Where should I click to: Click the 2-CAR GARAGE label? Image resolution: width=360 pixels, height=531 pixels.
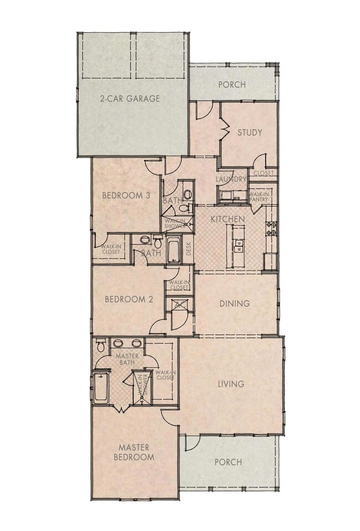click(130, 99)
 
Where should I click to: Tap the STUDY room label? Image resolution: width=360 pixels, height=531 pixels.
click(249, 132)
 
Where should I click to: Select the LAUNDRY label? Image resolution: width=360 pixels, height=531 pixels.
click(232, 179)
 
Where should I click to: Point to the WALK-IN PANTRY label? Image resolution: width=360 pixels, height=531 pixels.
click(259, 197)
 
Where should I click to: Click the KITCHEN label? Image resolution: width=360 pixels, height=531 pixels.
click(228, 219)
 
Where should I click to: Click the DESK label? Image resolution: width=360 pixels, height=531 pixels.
click(188, 250)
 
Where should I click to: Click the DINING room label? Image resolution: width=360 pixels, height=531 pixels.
click(234, 303)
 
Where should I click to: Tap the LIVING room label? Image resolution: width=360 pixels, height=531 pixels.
click(231, 384)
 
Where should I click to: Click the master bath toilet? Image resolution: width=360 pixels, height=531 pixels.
click(100, 346)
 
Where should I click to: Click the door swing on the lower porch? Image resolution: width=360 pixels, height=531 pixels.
click(191, 442)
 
